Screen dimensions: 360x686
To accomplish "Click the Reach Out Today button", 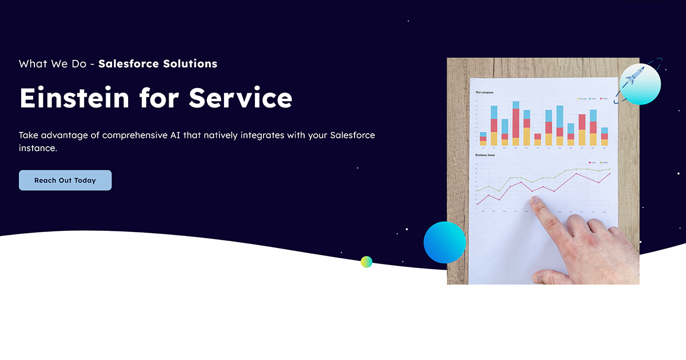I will pos(65,180).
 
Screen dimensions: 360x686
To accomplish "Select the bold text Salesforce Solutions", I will pos(158,63).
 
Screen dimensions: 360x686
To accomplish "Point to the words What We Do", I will pos(52,63).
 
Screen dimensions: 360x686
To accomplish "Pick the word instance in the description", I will pos(38,148).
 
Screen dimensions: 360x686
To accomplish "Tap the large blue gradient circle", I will pos(445,242).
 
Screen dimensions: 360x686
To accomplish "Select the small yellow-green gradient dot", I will pos(366,262).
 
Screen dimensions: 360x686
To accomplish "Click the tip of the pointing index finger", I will pos(535,201).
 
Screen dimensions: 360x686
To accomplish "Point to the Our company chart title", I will pos(485,92).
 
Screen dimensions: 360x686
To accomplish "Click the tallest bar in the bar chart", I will pos(516,123).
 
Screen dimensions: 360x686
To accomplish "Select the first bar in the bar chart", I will pos(483,139).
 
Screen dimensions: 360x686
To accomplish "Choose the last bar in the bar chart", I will pos(604,137).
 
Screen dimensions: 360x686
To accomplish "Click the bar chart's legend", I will pos(592,98).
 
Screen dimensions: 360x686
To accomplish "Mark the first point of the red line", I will pos(478,204).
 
